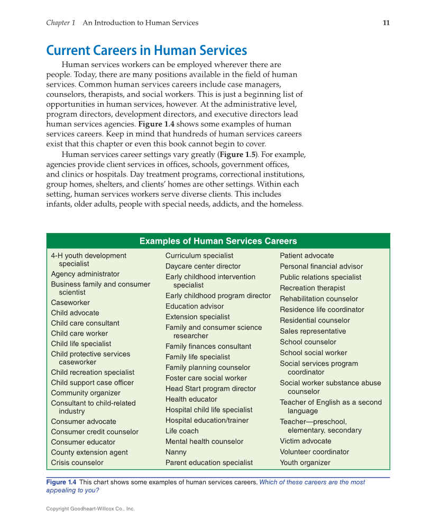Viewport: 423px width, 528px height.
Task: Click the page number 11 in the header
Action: [386, 23]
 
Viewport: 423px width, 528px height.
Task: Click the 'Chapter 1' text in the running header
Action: [61, 23]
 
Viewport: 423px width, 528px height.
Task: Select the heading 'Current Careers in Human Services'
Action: [146, 51]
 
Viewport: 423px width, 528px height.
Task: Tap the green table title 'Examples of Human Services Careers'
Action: [218, 241]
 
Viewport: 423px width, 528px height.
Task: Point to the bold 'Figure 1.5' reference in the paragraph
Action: [237, 155]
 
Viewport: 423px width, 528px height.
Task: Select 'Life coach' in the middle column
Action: [182, 431]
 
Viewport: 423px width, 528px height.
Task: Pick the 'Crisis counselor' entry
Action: [77, 462]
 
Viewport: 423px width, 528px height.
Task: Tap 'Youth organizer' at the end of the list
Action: [305, 462]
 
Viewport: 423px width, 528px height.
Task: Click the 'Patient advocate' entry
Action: [307, 256]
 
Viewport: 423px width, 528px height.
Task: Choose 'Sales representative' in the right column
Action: [313, 331]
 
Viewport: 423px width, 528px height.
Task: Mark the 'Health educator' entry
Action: [191, 399]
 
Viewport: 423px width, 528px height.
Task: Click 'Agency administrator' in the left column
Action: [85, 274]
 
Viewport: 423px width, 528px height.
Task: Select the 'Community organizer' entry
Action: [86, 393]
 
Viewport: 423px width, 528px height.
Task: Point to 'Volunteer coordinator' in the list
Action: [315, 452]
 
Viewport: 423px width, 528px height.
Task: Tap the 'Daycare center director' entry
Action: [203, 266]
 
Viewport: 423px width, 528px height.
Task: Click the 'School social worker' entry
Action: [314, 353]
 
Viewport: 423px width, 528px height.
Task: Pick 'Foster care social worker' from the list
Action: [206, 378]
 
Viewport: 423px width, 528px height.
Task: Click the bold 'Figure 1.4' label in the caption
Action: [61, 482]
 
